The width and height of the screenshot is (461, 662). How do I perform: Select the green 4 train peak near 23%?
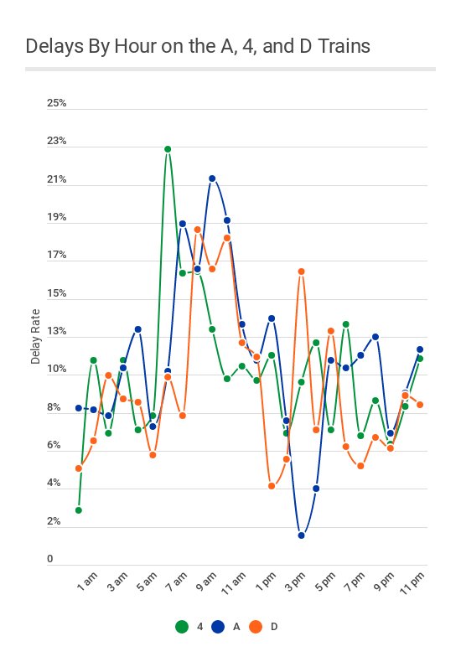[x=168, y=149]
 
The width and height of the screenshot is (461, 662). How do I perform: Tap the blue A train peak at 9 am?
[x=212, y=178]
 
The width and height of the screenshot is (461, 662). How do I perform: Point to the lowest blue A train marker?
[x=301, y=535]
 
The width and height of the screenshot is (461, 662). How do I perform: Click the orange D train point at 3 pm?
[x=301, y=272]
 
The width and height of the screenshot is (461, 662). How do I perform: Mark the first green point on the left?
[x=78, y=509]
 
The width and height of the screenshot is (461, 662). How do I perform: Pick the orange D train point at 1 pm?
[x=272, y=486]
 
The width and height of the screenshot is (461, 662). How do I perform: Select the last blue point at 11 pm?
[x=420, y=349]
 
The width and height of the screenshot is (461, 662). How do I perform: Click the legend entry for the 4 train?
[x=189, y=626]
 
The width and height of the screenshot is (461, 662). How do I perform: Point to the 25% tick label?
[x=56, y=104]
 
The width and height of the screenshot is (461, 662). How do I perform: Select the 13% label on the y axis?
[x=56, y=332]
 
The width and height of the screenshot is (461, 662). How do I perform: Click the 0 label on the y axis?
[x=49, y=560]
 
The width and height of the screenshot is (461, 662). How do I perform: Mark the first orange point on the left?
[x=78, y=468]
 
